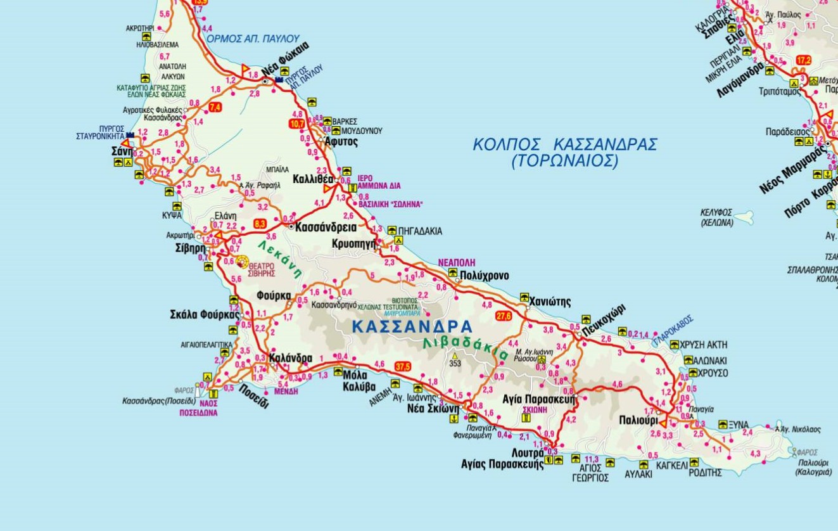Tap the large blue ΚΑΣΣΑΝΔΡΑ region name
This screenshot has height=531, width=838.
[412, 327]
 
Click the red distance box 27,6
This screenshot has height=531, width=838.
[504, 316]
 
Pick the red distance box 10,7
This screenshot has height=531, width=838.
[296, 124]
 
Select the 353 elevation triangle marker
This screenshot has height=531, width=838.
[455, 356]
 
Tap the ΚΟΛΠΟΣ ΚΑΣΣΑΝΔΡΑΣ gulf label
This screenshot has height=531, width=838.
[565, 144]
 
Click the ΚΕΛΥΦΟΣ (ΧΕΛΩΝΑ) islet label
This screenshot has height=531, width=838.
[716, 217]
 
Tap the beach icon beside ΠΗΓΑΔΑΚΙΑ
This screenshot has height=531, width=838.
[392, 231]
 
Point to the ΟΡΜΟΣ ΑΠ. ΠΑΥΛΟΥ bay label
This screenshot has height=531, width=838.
[253, 39]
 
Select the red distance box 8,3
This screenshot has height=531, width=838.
[260, 224]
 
